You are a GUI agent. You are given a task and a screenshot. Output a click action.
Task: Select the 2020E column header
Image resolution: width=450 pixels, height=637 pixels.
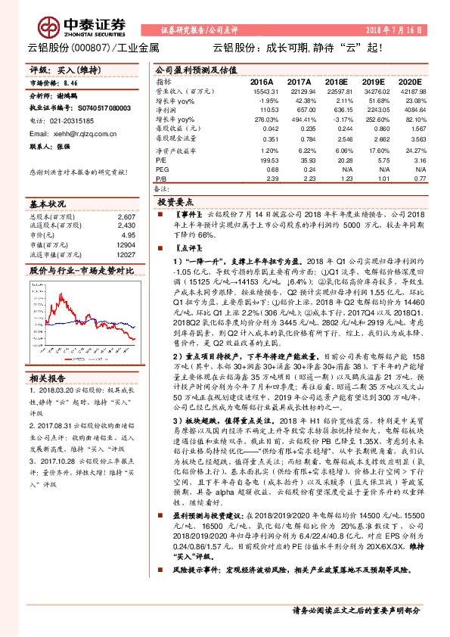pos(409,82)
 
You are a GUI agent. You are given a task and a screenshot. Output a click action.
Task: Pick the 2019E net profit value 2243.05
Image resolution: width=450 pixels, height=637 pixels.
pos(373,110)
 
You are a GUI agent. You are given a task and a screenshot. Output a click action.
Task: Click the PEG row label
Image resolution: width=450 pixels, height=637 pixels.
pos(163,170)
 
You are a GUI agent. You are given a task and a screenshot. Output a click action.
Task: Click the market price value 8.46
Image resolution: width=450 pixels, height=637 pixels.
pos(70,82)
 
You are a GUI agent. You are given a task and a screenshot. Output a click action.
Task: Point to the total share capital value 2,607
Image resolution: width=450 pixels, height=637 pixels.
pos(127,217)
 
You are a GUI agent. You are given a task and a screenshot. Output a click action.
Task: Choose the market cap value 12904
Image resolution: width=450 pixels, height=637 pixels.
pos(126,245)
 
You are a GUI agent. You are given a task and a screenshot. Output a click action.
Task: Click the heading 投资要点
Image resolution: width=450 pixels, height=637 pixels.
pos(175,204)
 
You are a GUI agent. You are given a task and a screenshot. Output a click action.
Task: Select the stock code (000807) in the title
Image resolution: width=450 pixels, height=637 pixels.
pos(92,50)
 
